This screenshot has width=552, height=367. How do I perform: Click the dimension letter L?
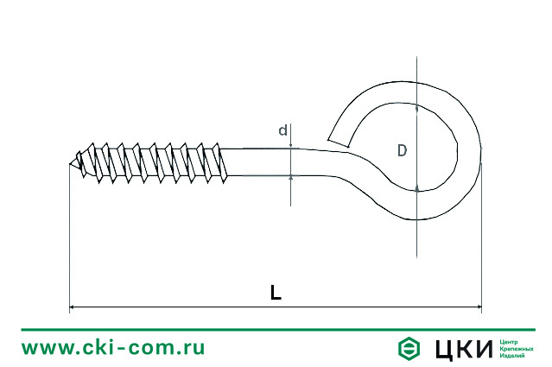tap(275, 293)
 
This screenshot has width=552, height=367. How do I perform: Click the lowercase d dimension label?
tap(282, 131)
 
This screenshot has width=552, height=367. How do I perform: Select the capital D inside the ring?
tap(403, 151)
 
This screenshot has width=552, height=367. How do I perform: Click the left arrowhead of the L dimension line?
tap(73, 307)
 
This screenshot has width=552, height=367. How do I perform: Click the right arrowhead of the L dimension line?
tap(478, 307)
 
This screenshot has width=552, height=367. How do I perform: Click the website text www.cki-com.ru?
tap(113, 348)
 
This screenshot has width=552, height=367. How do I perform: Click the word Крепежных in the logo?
tap(517, 349)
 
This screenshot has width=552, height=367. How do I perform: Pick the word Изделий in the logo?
tap(512, 356)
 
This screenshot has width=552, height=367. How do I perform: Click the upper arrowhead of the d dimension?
tap(291, 145)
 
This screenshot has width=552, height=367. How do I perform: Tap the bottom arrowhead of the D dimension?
tap(417, 187)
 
